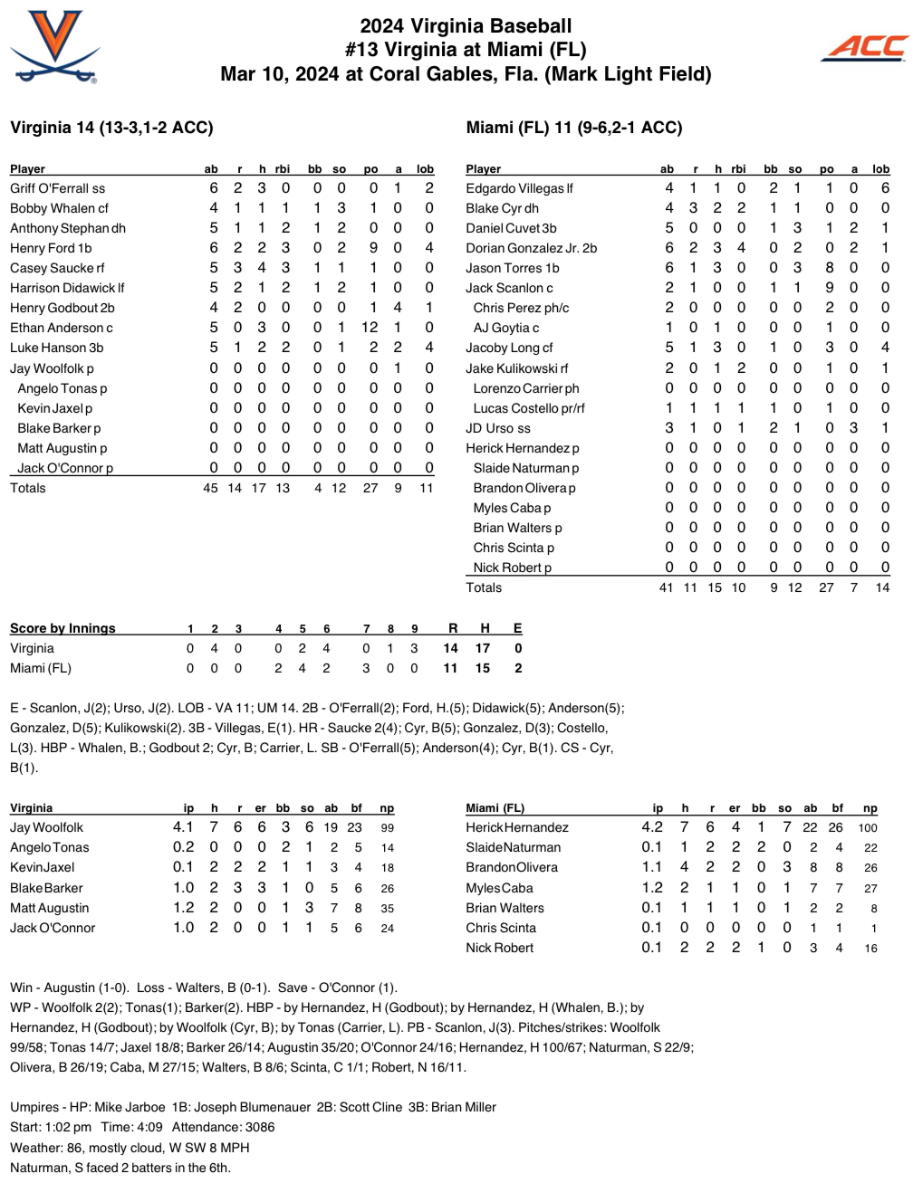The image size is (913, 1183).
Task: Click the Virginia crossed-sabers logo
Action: coord(54,47)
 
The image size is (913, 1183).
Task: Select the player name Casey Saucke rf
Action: coord(57,268)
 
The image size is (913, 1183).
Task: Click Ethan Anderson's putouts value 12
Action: coord(370,328)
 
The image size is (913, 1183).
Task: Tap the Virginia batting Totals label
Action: coord(28,488)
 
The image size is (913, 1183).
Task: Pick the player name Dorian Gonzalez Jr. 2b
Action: coord(531,248)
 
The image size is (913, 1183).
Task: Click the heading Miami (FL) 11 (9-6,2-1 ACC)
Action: coord(574,128)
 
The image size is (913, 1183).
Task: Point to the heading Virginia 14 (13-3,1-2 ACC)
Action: coord(111,128)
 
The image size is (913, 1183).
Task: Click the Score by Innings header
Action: coord(62,628)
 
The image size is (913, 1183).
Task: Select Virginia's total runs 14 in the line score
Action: coord(450,648)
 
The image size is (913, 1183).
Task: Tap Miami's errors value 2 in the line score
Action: coord(517,668)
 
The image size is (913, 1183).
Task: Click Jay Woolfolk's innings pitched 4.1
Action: coord(183,827)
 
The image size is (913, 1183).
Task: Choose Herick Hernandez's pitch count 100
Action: coord(868,827)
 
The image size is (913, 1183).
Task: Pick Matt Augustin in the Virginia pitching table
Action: coord(50,908)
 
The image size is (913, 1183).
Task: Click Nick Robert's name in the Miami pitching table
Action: coord(499,948)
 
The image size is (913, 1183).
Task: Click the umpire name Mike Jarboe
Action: coord(130,1107)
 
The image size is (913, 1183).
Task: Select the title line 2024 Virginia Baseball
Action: coord(466,26)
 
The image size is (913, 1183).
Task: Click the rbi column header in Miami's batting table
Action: coord(738,169)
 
